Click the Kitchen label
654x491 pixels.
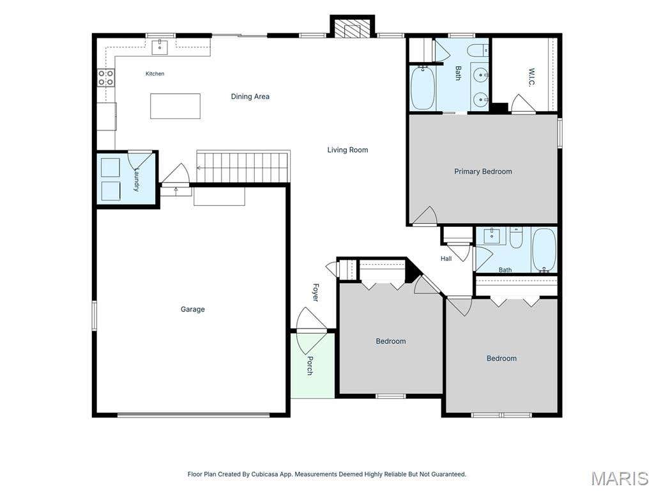[x=155, y=74]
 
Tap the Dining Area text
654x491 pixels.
[x=250, y=97]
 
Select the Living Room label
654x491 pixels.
[x=347, y=150]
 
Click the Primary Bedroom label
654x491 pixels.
[x=483, y=171]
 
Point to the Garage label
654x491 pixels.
[x=193, y=309]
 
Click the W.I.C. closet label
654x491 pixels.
[x=531, y=77]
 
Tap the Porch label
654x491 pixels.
[x=310, y=365]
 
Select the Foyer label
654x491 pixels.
[x=316, y=292]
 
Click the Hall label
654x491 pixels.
[x=446, y=259]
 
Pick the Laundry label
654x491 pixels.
[x=137, y=180]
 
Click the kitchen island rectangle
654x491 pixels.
[x=175, y=106]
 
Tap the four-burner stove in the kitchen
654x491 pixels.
[x=106, y=77]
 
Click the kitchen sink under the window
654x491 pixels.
[x=159, y=47]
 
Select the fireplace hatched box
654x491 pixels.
[x=353, y=28]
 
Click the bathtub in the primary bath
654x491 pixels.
[x=423, y=88]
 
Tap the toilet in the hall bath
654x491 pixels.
[x=516, y=238]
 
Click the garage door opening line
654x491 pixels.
[x=194, y=415]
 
